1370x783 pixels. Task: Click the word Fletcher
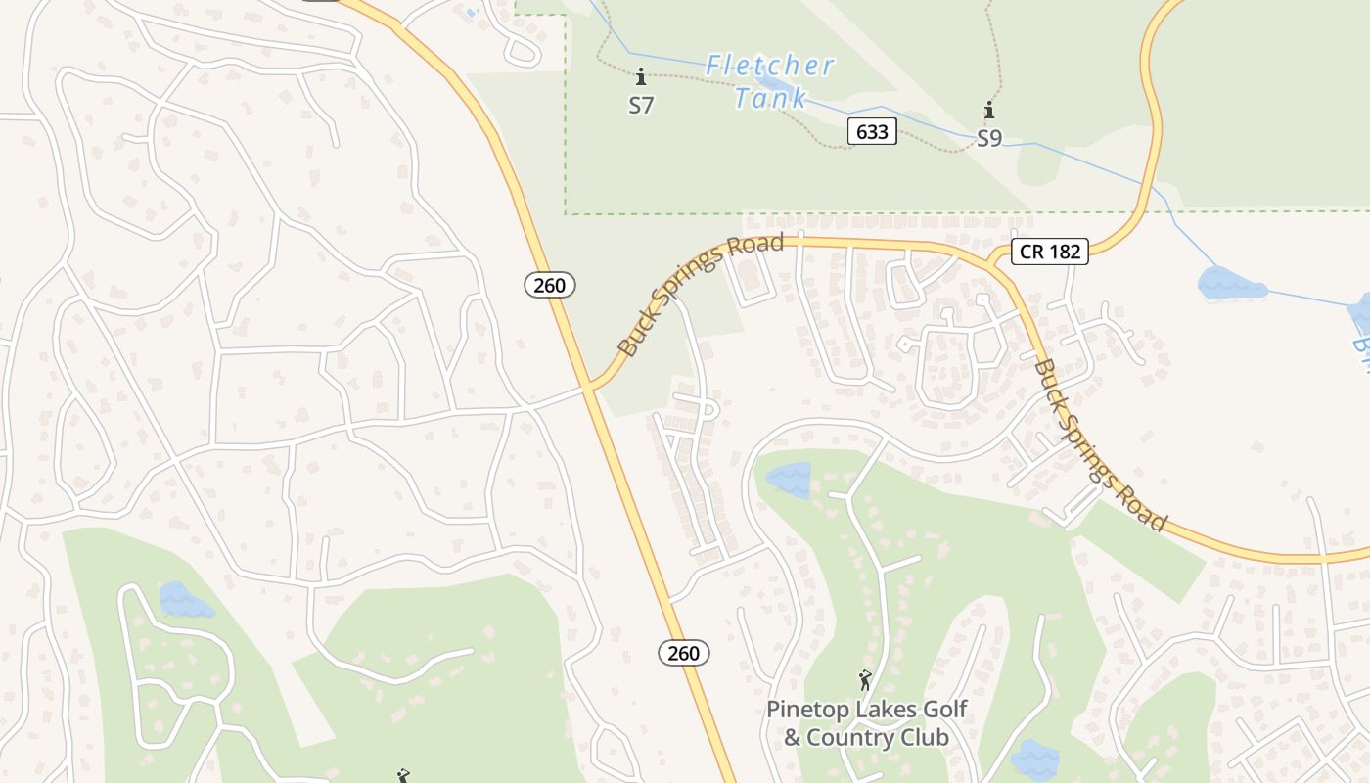pyautogui.click(x=770, y=66)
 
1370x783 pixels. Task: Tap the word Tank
pyautogui.click(x=770, y=98)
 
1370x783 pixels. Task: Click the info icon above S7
pyautogui.click(x=641, y=76)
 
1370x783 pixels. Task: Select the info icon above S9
pyautogui.click(x=989, y=110)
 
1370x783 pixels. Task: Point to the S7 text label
pyautogui.click(x=641, y=105)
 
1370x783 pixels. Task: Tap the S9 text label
pyautogui.click(x=989, y=139)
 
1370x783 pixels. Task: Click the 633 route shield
pyautogui.click(x=871, y=131)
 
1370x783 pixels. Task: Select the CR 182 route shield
pyautogui.click(x=1050, y=252)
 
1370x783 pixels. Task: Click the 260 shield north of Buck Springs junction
pyautogui.click(x=550, y=285)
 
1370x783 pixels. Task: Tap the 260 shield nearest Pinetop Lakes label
pyautogui.click(x=683, y=653)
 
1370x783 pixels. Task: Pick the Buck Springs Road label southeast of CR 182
pyautogui.click(x=1100, y=445)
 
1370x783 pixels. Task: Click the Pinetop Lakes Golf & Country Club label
pyautogui.click(x=866, y=723)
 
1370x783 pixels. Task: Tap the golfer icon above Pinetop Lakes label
pyautogui.click(x=865, y=679)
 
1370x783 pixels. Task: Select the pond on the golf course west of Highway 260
pyautogui.click(x=184, y=600)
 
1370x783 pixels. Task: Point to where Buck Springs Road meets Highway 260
pyautogui.click(x=590, y=387)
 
